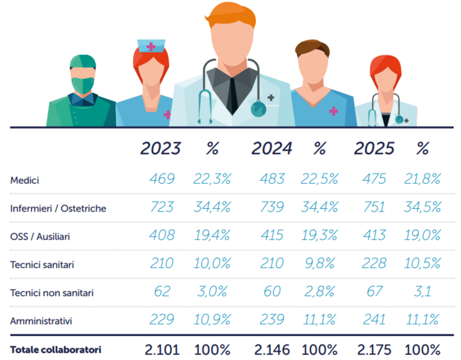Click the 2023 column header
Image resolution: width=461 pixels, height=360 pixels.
(x=161, y=148)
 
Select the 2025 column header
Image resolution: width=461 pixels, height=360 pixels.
(x=374, y=148)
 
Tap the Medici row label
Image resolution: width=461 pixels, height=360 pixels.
(x=25, y=180)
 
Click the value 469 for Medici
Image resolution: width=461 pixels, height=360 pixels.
(x=162, y=179)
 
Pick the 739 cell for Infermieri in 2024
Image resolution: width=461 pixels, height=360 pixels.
(x=272, y=207)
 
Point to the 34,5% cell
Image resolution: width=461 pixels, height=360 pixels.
(x=422, y=207)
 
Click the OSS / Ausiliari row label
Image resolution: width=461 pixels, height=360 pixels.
(x=40, y=236)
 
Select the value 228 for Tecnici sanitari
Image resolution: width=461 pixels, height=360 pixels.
(x=374, y=263)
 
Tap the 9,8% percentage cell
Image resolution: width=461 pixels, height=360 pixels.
(x=320, y=263)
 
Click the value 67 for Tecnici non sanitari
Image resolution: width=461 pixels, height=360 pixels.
(x=374, y=291)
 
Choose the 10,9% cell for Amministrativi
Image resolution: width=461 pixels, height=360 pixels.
(x=212, y=319)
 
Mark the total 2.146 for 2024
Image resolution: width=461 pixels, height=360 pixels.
(x=272, y=350)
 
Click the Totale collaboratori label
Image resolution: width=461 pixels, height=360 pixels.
(x=56, y=350)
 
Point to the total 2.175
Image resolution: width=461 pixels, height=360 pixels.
(x=374, y=350)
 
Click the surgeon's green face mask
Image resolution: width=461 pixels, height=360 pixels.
(x=83, y=85)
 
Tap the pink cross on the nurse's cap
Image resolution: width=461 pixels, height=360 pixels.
(x=151, y=47)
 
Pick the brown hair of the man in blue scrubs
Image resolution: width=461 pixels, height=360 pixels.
(x=313, y=48)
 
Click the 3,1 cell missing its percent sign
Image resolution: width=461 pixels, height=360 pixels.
(x=422, y=291)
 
